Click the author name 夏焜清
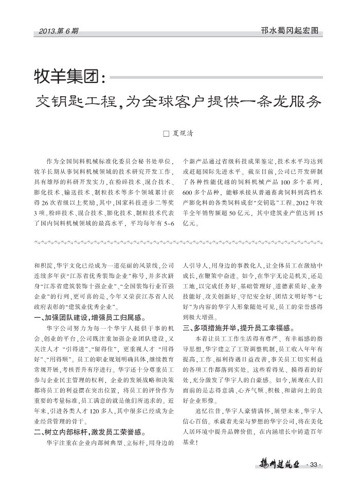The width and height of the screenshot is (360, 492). click(183, 134)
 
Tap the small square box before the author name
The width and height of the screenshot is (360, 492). click(166, 134)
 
